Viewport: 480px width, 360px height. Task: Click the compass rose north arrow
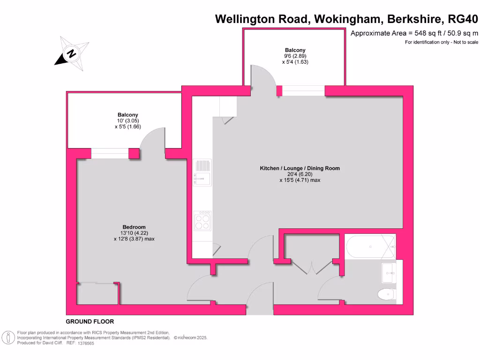(71, 54)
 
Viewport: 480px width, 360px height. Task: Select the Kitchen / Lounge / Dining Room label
(300, 168)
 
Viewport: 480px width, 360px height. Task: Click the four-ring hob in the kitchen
(202, 221)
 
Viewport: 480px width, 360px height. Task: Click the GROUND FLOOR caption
(90, 322)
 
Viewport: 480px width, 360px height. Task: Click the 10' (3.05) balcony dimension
(128, 120)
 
